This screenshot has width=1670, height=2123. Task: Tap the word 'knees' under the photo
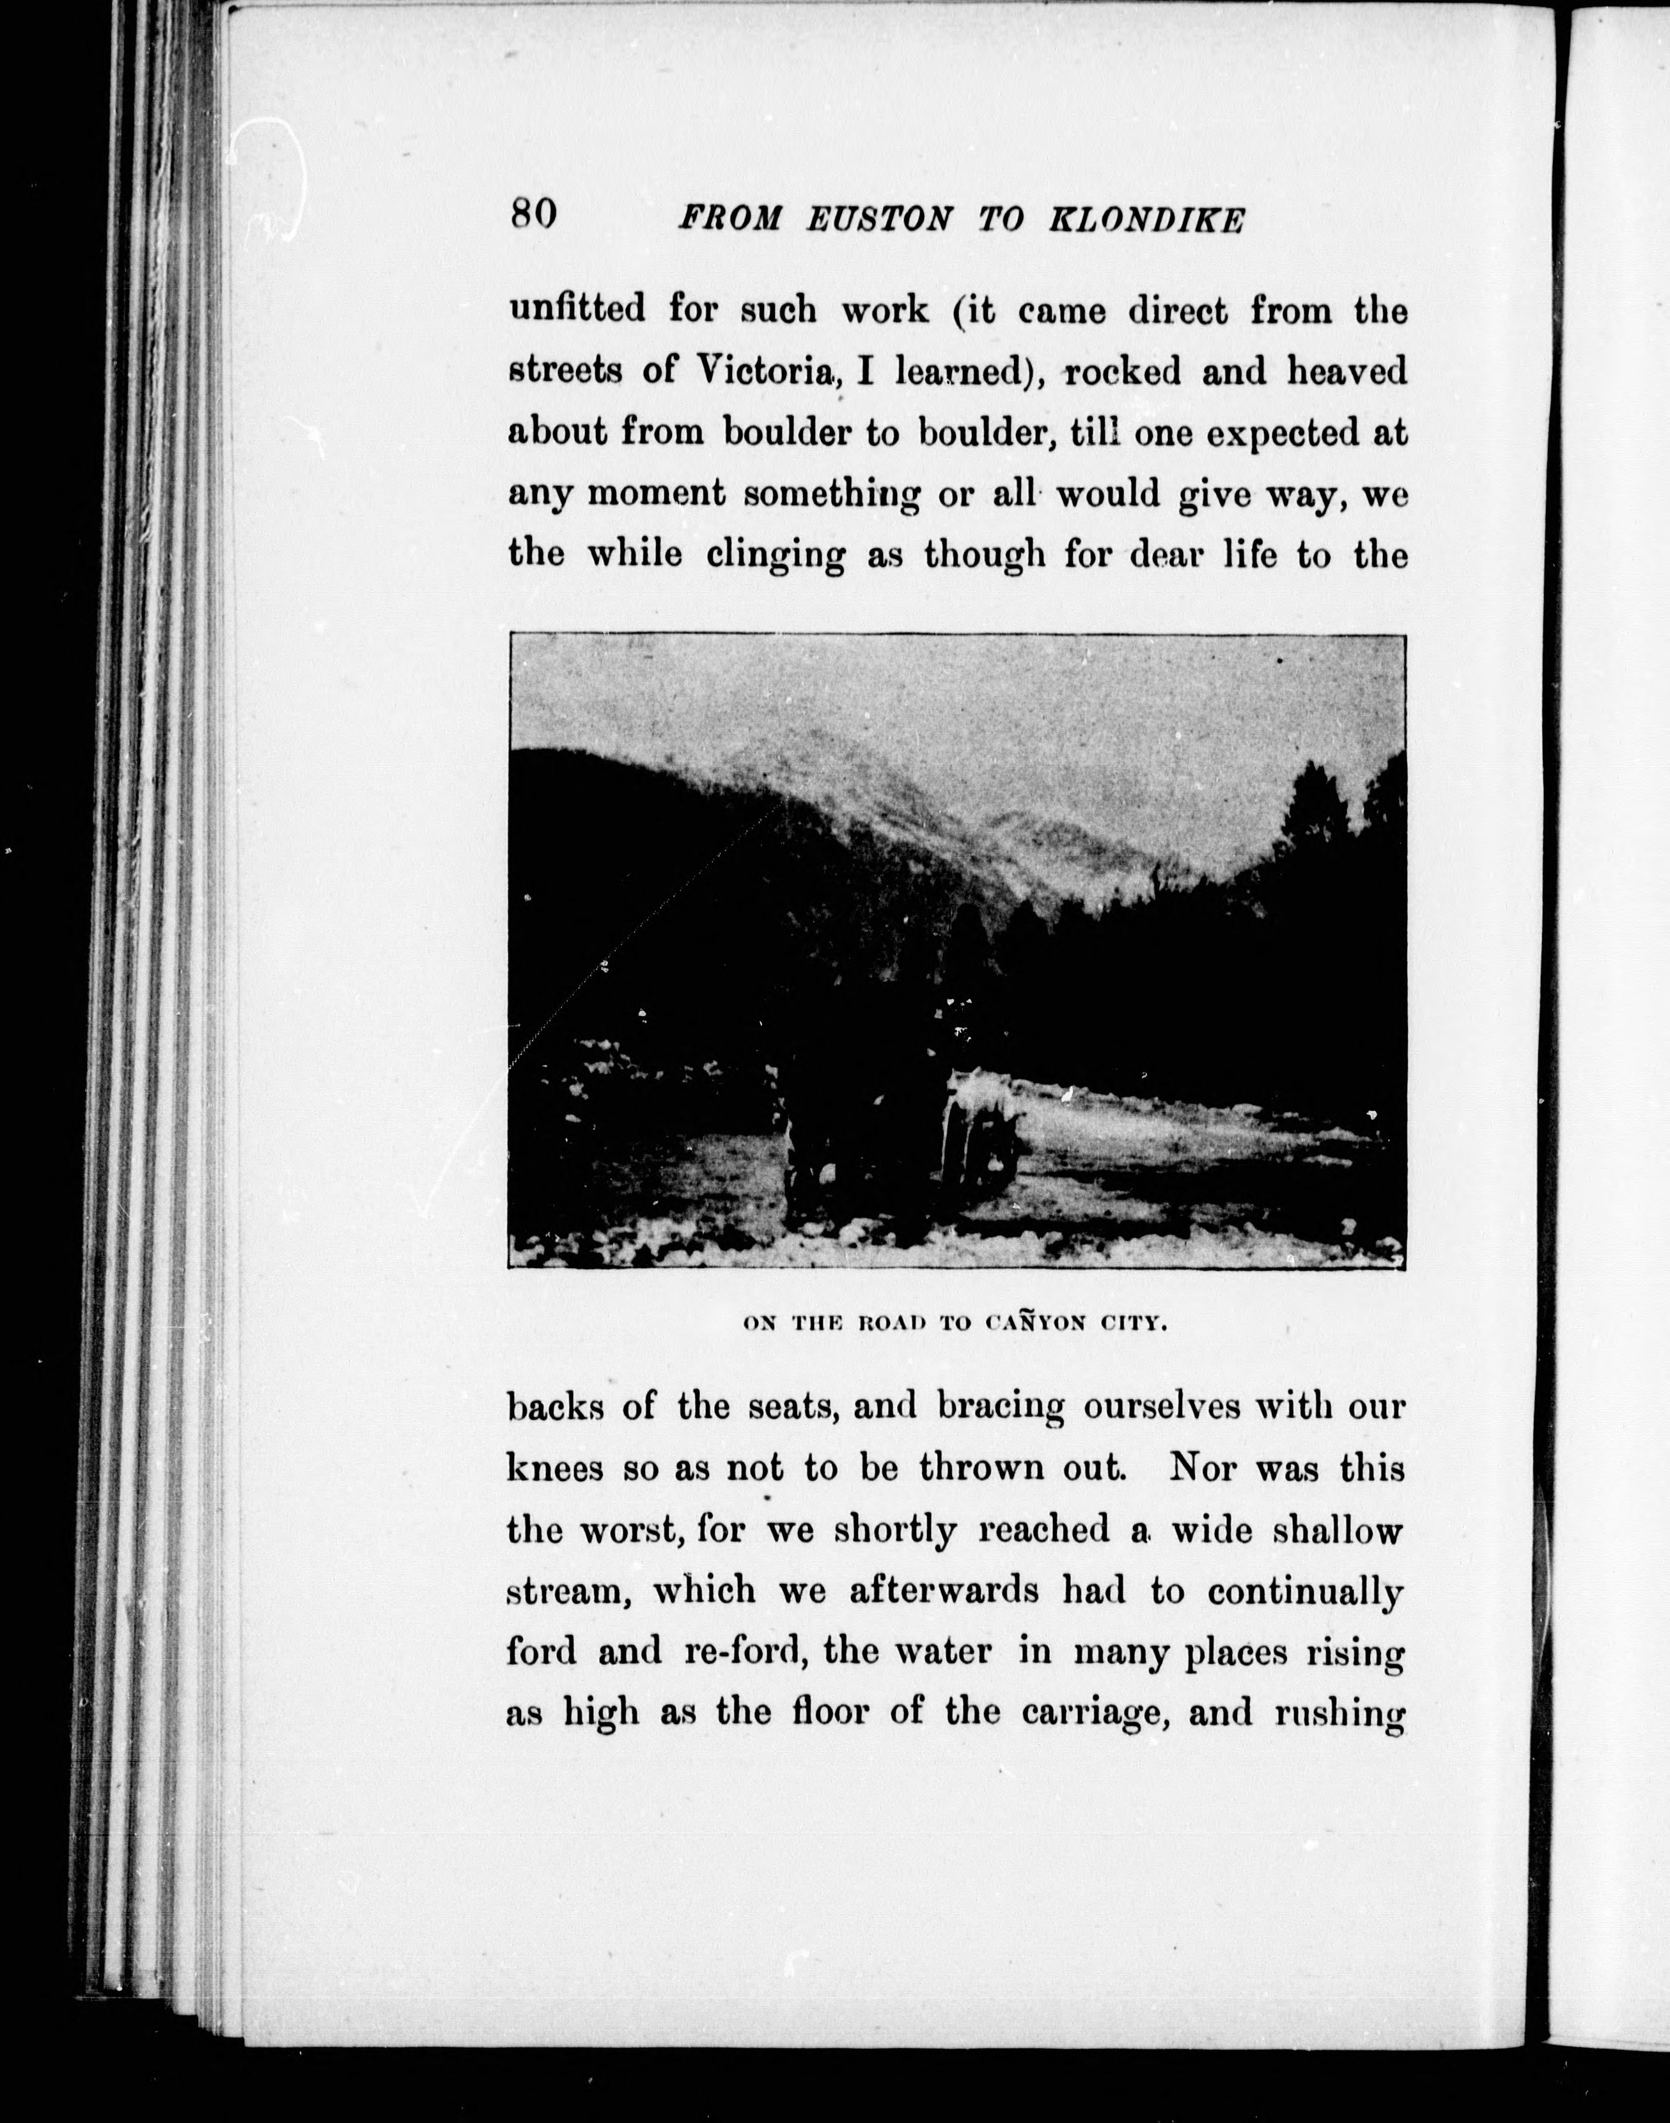554,1469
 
